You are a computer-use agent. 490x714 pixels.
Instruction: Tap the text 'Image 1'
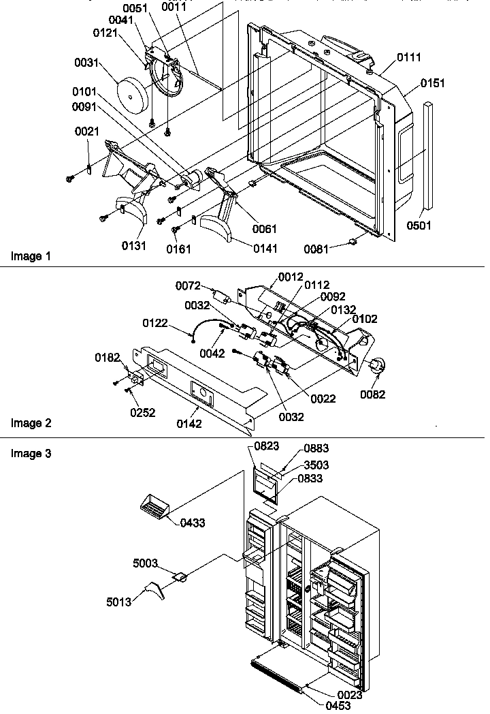pos(31,256)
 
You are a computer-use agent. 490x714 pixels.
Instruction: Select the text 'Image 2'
pos(31,423)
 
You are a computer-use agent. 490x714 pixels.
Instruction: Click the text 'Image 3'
pos(31,453)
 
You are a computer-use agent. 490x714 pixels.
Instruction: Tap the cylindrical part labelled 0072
pos(219,298)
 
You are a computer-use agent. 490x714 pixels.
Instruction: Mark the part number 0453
pos(338,706)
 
